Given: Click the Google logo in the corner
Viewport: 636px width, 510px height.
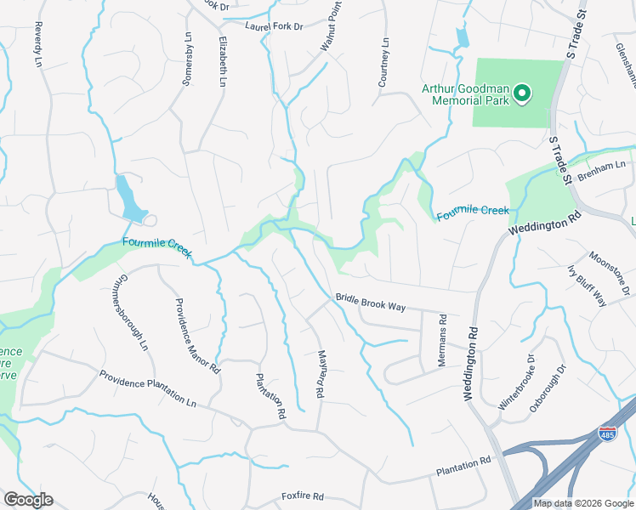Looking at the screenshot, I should [28, 500].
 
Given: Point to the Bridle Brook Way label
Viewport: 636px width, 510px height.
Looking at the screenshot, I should [370, 302].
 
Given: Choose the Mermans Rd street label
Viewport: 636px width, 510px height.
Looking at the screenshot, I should [442, 340].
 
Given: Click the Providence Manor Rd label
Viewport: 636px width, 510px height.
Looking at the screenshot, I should [197, 336].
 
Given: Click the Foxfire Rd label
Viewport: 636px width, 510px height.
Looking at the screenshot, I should [303, 496].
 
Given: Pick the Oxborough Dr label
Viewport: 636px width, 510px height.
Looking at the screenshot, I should [549, 388].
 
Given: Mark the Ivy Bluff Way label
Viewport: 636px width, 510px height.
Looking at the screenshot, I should [587, 286].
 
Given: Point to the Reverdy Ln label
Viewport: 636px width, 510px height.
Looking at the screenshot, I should [37, 44].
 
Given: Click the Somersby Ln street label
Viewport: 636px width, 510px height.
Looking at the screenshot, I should [188, 59].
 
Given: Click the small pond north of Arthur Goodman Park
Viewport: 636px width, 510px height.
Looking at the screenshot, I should [462, 37].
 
